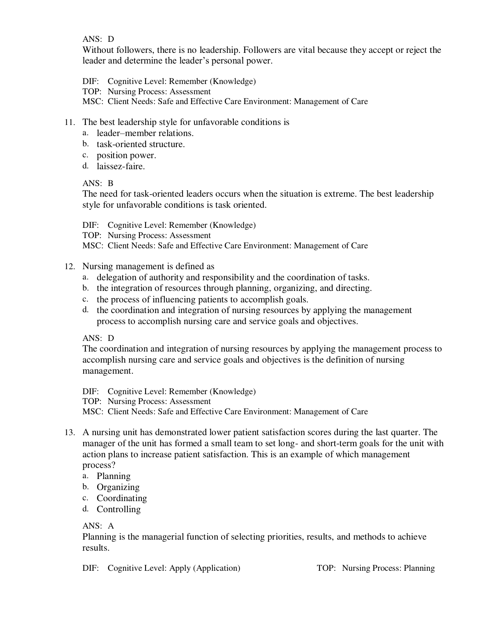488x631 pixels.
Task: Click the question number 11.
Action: coord(70,123)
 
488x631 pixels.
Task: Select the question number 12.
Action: coord(70,267)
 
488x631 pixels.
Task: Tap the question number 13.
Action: coord(70,433)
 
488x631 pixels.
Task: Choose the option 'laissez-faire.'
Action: coord(121,166)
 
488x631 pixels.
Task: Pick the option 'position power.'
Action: coord(126,155)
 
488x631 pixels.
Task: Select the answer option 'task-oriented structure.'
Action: coord(141,144)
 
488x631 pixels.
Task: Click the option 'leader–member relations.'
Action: coord(145,133)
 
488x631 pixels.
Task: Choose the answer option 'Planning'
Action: coord(114,476)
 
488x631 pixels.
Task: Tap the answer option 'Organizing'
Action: coord(118,487)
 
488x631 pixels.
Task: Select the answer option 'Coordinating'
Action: coord(122,498)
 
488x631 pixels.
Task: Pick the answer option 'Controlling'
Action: coord(119,509)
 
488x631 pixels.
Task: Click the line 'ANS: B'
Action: coord(98,183)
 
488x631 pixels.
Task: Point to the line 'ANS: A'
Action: coord(98,526)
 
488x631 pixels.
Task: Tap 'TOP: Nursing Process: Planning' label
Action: coord(376,568)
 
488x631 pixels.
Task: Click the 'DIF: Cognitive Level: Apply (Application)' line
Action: coord(161,568)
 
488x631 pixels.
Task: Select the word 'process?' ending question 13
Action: coord(99,465)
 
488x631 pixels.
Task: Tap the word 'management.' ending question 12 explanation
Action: coord(108,371)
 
